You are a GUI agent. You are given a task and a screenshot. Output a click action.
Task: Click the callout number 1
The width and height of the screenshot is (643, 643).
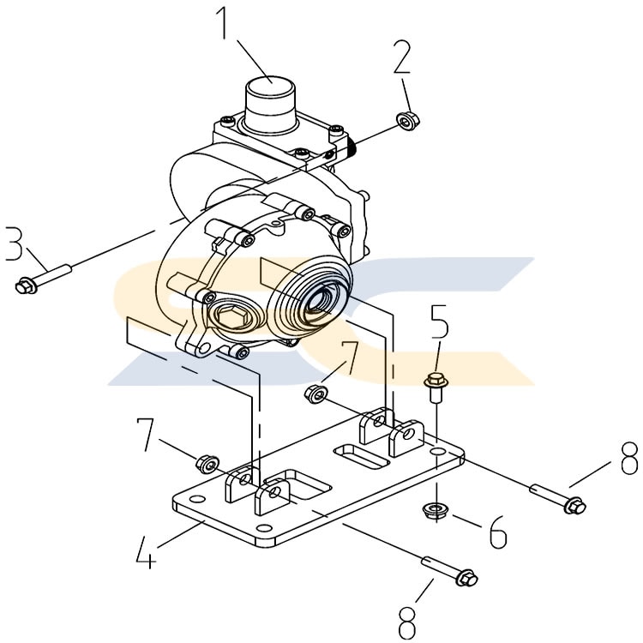224,23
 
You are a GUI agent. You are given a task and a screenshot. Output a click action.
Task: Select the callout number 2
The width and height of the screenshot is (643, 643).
401,57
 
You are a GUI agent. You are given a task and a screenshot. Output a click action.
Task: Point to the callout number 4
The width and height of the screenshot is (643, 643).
146,552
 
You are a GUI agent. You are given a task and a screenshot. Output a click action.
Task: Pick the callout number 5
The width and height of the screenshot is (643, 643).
439,321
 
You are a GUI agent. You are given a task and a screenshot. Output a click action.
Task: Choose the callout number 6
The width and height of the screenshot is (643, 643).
498,532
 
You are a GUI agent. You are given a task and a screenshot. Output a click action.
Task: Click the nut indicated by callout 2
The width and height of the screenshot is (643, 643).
408,120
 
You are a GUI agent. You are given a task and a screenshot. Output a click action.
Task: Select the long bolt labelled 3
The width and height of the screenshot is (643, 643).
44,279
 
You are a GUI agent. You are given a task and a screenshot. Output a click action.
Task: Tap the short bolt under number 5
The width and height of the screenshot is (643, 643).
434,387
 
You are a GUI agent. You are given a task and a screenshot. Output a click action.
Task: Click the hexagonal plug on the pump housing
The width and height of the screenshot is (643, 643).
231,316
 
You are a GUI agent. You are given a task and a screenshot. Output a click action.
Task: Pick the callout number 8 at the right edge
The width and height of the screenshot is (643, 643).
629,458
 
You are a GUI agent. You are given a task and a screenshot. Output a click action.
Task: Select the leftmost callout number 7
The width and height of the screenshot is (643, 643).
145,435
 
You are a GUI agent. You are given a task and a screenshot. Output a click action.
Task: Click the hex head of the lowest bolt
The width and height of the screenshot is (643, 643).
467,578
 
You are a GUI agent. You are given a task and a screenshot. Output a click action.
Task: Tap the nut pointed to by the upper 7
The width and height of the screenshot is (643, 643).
315,394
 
